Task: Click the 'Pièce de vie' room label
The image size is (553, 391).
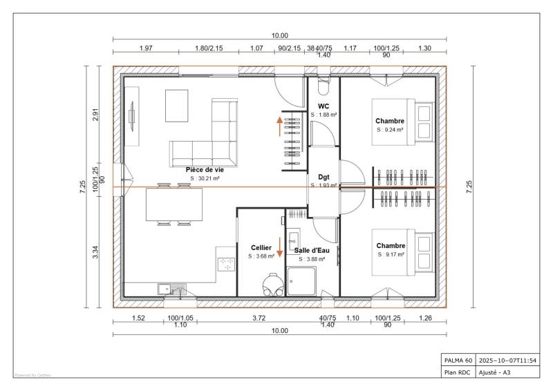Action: click(x=205, y=169)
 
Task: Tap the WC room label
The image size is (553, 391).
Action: click(x=324, y=106)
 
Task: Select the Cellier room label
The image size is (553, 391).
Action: click(x=261, y=247)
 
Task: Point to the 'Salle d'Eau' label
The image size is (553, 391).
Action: click(x=311, y=250)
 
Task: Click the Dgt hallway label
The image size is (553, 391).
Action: click(x=324, y=177)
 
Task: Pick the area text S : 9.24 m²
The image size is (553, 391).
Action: click(x=391, y=129)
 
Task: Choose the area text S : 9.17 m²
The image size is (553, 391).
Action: click(x=391, y=254)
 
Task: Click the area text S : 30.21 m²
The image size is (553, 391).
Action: click(x=205, y=178)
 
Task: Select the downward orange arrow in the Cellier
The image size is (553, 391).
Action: click(x=280, y=247)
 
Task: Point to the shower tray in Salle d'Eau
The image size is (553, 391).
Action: click(x=301, y=281)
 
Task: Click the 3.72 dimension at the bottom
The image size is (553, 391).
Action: click(x=259, y=318)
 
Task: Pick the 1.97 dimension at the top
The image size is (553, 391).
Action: click(x=146, y=48)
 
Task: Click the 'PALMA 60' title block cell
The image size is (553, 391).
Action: click(x=458, y=360)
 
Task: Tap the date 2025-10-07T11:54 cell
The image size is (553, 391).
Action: click(x=507, y=360)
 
